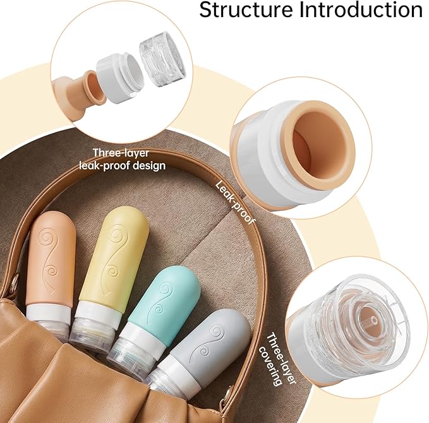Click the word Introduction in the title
click(x=361, y=10)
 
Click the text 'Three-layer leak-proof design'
click(x=123, y=159)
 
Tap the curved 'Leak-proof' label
click(x=235, y=203)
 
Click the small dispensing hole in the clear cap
click(x=374, y=319)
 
